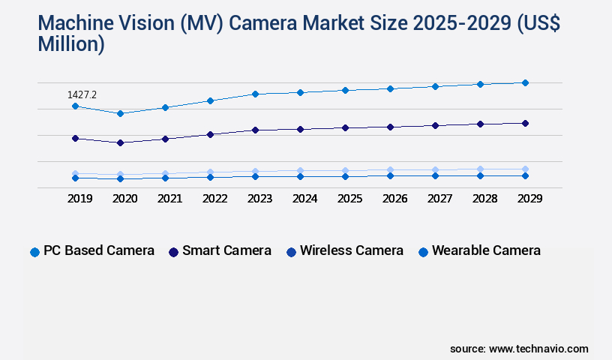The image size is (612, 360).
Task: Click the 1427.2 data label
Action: pyautogui.click(x=82, y=94)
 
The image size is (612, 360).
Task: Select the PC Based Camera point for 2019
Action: pyautogui.click(x=75, y=106)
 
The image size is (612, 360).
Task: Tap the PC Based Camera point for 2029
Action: pyautogui.click(x=525, y=82)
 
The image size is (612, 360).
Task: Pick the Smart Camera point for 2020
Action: pyautogui.click(x=120, y=142)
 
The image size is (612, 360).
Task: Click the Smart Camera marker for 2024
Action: pyautogui.click(x=300, y=129)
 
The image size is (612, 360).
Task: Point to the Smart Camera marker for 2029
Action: pyautogui.click(x=525, y=123)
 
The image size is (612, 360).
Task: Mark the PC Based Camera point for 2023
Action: pyautogui.click(x=255, y=94)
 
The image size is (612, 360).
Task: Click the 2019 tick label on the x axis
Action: pyautogui.click(x=79, y=199)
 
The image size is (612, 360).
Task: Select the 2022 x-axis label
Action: pyautogui.click(x=214, y=199)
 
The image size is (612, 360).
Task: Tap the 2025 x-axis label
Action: pyautogui.click(x=349, y=199)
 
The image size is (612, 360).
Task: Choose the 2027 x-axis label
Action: pyautogui.click(x=439, y=199)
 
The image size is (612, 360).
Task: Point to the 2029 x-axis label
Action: pyautogui.click(x=529, y=199)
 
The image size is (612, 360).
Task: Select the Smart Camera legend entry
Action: pyautogui.click(x=220, y=251)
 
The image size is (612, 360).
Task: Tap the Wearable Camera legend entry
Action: pyautogui.click(x=479, y=251)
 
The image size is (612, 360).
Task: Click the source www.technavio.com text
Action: pyautogui.click(x=519, y=349)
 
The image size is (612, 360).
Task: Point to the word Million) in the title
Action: pyautogui.click(x=71, y=44)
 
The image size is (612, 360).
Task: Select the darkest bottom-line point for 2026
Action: pyautogui.click(x=390, y=175)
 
